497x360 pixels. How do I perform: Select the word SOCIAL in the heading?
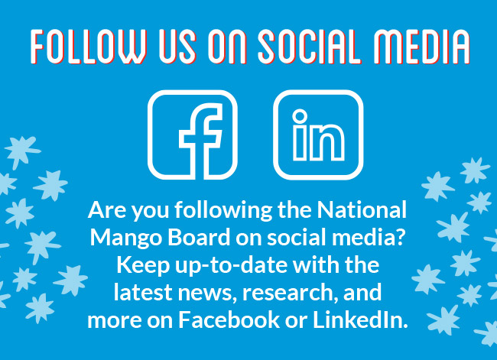[310, 47]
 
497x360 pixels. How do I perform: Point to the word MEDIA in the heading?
[422, 47]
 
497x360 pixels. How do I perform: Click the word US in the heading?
[177, 47]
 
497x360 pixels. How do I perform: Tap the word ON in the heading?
[227, 47]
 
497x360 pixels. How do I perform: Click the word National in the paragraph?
[362, 209]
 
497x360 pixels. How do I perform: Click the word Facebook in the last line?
[229, 319]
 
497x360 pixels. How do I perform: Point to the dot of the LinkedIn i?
[300, 116]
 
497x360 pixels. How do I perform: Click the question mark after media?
[400, 237]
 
